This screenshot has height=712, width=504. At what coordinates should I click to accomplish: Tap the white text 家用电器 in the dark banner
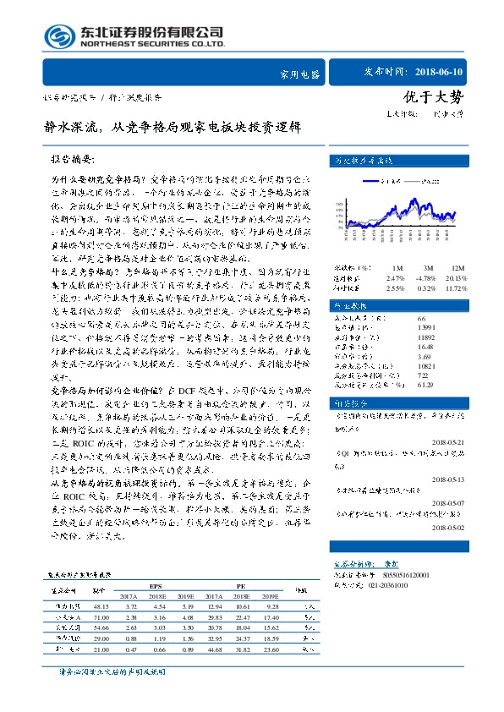299,74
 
